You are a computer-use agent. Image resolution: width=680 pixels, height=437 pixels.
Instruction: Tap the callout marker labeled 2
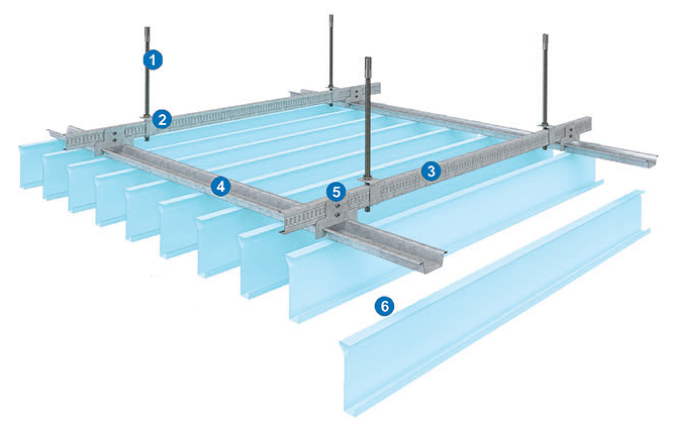coord(162,119)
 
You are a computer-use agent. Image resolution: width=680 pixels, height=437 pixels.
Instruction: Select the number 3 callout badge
coord(430,171)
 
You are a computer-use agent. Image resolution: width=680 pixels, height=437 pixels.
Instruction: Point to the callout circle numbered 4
coord(221,187)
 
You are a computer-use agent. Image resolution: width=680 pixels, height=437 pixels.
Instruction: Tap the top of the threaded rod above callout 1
coord(147,28)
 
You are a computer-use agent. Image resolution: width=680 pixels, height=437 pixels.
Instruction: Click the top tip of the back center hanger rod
coord(331,16)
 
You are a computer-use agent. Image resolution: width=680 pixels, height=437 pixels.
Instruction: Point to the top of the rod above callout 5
coord(368,58)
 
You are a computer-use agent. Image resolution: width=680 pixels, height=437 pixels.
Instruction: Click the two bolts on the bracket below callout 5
coord(337,210)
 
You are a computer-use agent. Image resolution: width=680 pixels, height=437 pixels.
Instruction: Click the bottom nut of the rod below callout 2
coord(147,139)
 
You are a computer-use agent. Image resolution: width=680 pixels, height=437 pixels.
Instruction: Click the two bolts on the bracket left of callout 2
coord(115,136)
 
